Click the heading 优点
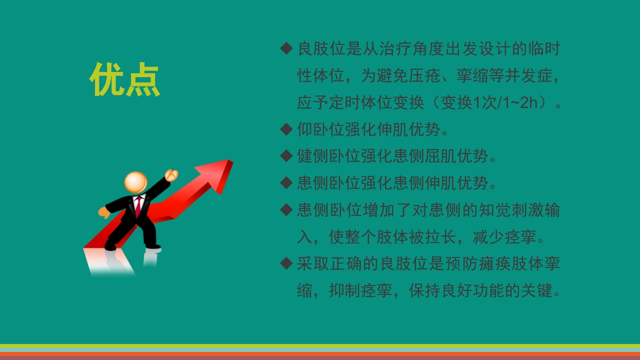(x=125, y=79)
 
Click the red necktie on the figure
(x=137, y=206)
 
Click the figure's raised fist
(x=171, y=174)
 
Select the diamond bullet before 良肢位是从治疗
(x=286, y=48)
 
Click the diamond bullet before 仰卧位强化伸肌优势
(x=286, y=129)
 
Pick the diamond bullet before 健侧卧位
(x=286, y=156)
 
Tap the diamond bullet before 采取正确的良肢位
(x=286, y=263)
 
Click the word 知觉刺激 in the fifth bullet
(x=503, y=210)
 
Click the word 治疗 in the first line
(x=385, y=49)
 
